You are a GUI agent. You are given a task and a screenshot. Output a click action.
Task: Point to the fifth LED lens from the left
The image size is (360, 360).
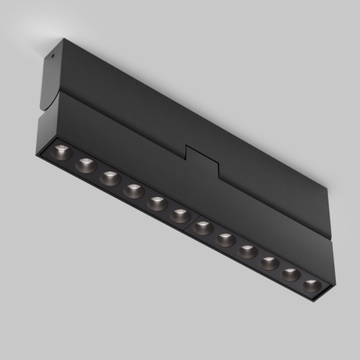coord(157,202)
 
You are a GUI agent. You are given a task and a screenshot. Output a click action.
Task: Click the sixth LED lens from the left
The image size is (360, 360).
coord(180,214)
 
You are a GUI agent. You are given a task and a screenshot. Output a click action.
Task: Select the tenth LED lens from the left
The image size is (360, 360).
coord(270,262)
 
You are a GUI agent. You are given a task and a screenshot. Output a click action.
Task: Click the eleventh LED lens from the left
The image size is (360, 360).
coord(291,273)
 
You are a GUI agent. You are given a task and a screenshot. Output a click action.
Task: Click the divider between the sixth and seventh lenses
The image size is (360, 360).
coord(193,221)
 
